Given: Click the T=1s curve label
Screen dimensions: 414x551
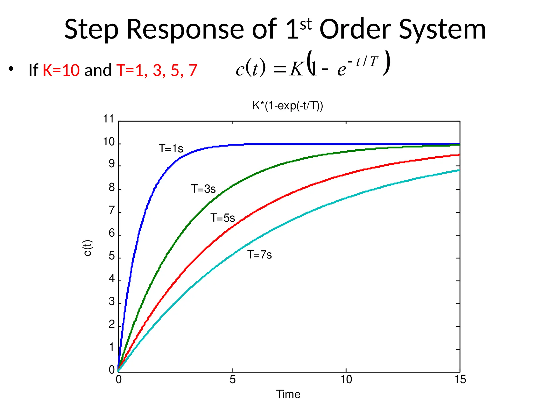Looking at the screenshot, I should (171, 149).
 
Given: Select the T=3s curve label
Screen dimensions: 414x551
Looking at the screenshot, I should (203, 189).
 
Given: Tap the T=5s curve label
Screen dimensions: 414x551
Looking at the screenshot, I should (222, 218).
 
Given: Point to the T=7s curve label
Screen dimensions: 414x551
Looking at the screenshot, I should (260, 255).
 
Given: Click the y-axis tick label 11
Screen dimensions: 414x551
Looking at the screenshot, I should (109, 119).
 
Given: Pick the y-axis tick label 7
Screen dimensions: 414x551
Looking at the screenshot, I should (112, 210).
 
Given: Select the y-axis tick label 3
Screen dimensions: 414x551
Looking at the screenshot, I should (112, 302).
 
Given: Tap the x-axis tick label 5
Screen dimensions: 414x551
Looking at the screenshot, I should (232, 379).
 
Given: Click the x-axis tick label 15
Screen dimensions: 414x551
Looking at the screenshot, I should (460, 379).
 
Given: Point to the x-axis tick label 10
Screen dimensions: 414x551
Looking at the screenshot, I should (346, 379).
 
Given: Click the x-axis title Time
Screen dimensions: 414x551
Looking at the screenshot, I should (288, 394).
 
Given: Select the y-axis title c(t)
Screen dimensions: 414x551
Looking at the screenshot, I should (88, 248).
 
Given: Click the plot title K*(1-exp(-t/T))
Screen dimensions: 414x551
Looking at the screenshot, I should (288, 106).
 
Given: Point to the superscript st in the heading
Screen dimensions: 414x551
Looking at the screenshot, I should (306, 25).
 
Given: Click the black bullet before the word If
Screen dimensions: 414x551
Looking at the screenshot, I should (11, 69).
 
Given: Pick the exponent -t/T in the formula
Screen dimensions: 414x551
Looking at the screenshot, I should (363, 62).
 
